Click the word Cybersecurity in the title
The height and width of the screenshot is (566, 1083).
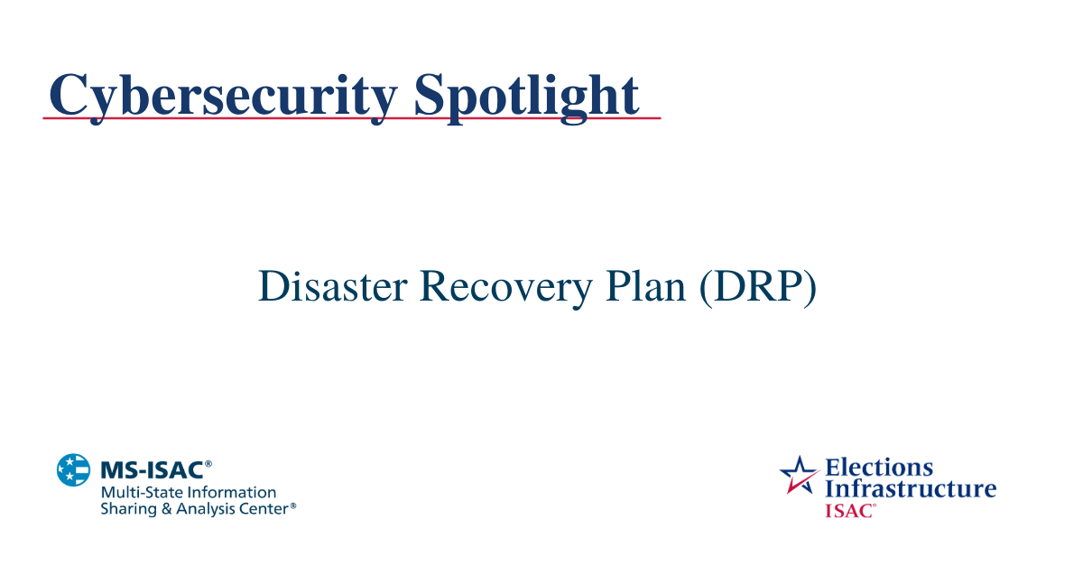pyautogui.click(x=222, y=95)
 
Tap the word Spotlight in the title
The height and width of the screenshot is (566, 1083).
pyautogui.click(x=526, y=95)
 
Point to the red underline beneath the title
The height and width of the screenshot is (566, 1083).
pyautogui.click(x=352, y=118)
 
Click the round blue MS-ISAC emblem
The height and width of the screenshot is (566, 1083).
pyautogui.click(x=74, y=470)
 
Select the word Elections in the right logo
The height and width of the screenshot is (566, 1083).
pyautogui.click(x=879, y=468)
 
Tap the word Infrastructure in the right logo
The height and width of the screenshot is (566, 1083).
pyautogui.click(x=911, y=489)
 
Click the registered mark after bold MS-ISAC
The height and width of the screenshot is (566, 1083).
pyautogui.click(x=208, y=464)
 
